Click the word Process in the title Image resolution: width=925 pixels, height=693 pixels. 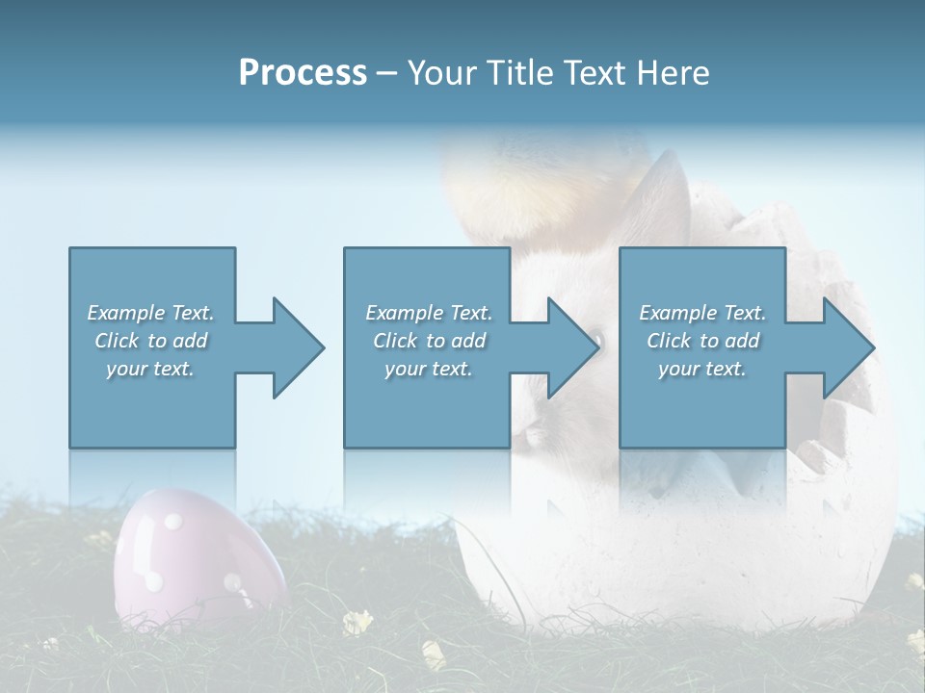tap(303, 73)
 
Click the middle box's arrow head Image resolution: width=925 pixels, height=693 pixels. tap(572, 347)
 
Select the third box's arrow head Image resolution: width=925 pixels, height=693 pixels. tap(848, 347)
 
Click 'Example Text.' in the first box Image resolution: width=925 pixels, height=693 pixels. tap(150, 313)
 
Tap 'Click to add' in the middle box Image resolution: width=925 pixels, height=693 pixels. tap(429, 341)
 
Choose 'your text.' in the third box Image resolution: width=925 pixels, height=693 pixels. tap(702, 369)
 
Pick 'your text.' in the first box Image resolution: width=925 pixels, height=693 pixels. tap(150, 369)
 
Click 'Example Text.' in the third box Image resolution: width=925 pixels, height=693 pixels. tap(702, 313)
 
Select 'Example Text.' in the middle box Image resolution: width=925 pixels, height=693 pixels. tap(429, 313)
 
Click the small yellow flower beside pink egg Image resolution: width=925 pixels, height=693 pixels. tap(357, 623)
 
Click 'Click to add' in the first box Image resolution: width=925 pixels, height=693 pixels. tap(150, 341)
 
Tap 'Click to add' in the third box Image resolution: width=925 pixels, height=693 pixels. tap(702, 341)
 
